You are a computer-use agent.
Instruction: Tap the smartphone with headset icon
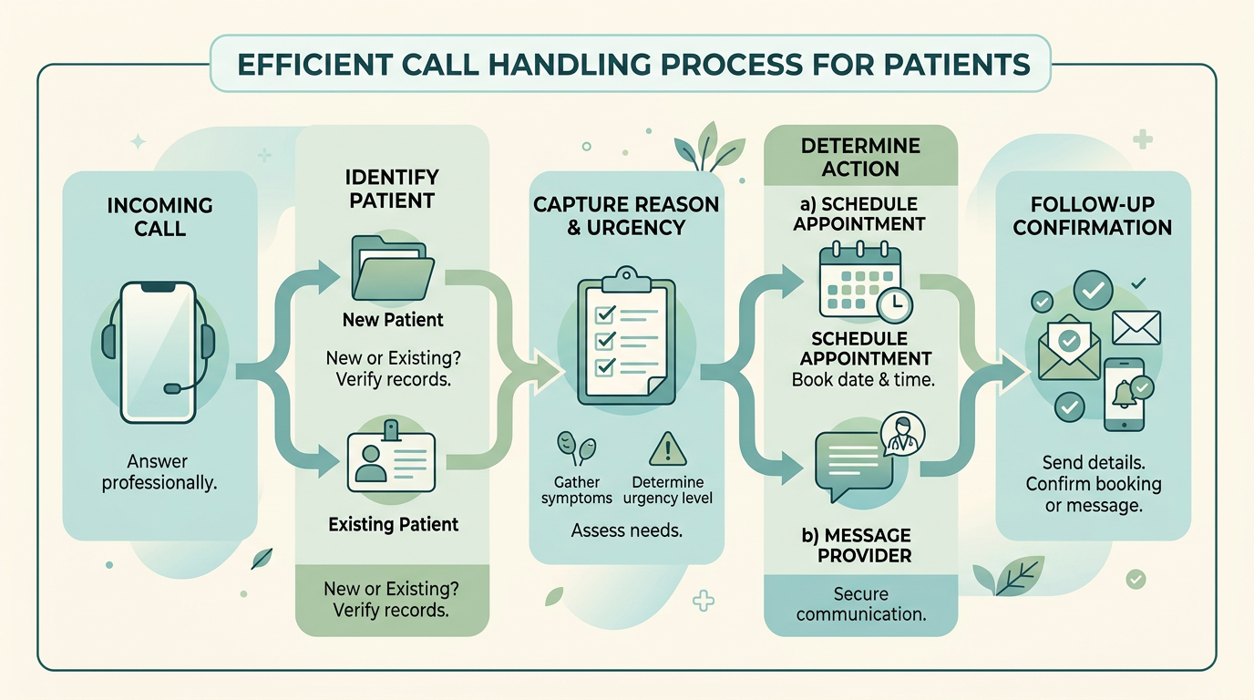click(x=159, y=351)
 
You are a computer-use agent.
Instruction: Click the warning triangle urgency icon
click(x=667, y=448)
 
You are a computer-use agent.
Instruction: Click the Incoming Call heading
click(x=159, y=217)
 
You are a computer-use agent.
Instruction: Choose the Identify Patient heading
click(x=392, y=188)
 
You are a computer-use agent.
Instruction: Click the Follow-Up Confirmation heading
click(x=1092, y=215)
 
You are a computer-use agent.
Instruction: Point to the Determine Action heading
click(x=860, y=157)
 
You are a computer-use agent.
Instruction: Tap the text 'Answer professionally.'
click(x=159, y=472)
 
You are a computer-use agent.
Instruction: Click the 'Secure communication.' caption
click(x=860, y=602)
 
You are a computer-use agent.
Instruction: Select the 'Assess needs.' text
click(x=627, y=530)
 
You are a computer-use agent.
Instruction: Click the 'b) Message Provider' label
click(x=857, y=544)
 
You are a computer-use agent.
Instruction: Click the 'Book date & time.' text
click(x=863, y=380)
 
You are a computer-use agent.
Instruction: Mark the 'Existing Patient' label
click(x=393, y=524)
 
